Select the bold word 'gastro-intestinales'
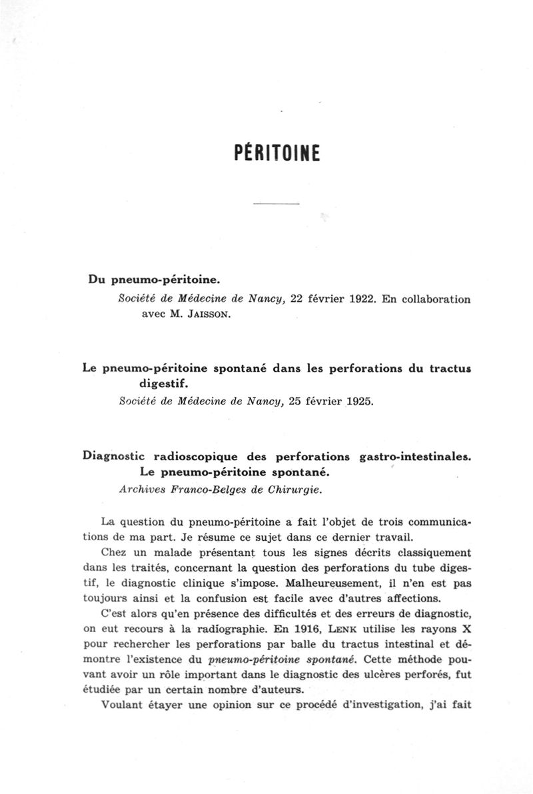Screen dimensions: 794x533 (x=414, y=456)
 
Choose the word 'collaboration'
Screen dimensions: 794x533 (x=434, y=299)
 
